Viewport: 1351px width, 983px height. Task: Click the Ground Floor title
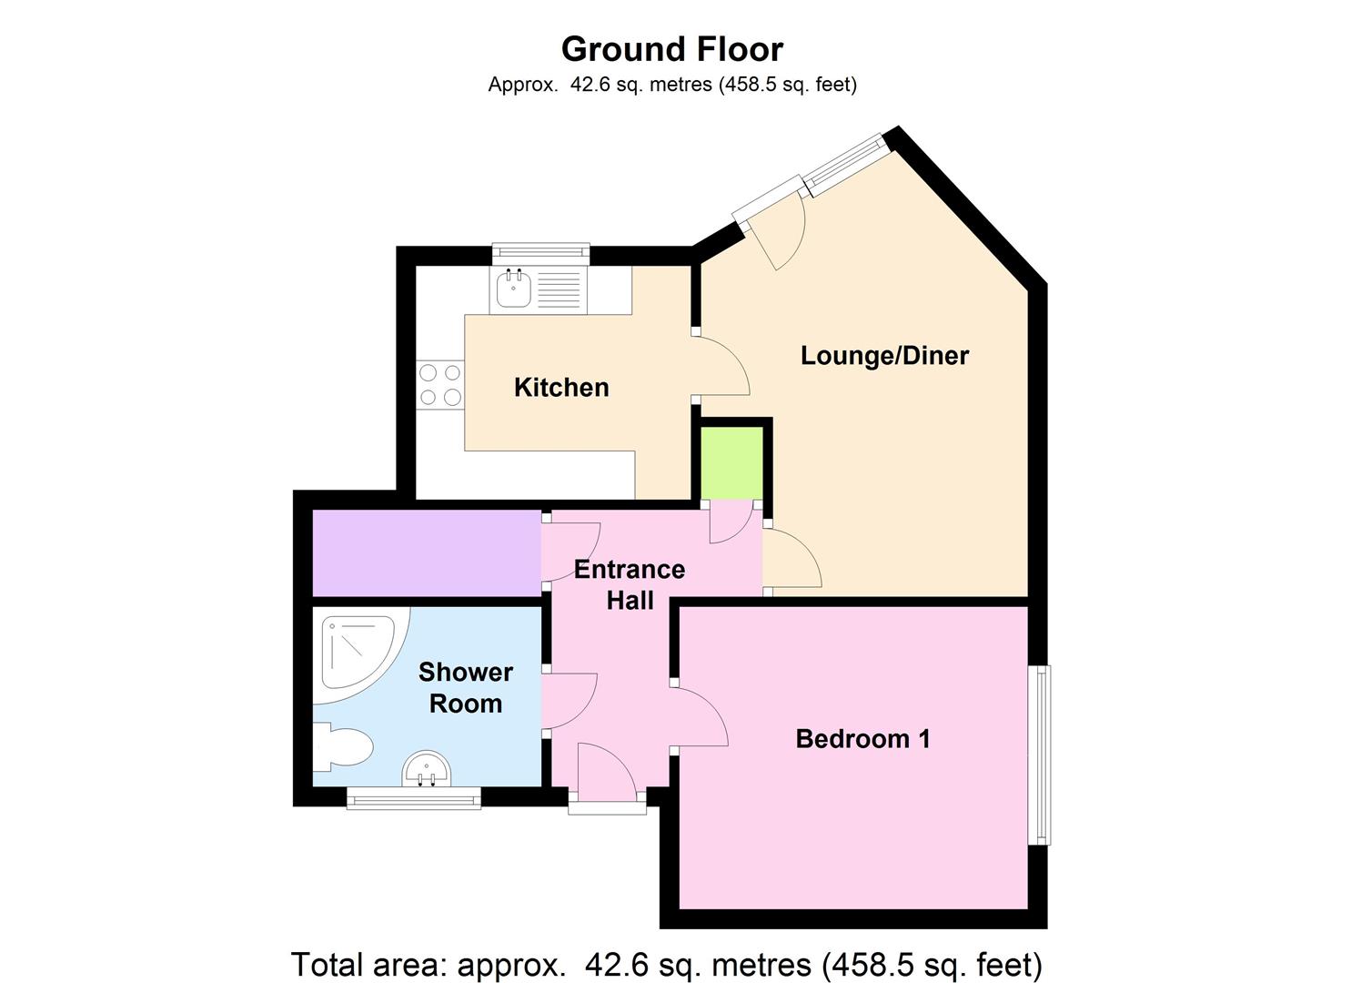pyautogui.click(x=672, y=49)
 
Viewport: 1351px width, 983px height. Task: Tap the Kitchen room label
pyautogui.click(x=561, y=388)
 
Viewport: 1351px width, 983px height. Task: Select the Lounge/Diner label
pyautogui.click(x=884, y=355)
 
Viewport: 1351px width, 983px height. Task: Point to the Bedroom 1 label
pyautogui.click(x=862, y=739)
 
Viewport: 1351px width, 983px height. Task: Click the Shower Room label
pyautogui.click(x=466, y=688)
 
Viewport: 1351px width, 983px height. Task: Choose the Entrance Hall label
pyautogui.click(x=630, y=584)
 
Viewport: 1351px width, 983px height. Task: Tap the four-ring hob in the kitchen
pyautogui.click(x=440, y=384)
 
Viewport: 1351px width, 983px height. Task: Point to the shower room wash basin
pyautogui.click(x=427, y=769)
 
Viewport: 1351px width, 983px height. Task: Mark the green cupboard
pyautogui.click(x=732, y=463)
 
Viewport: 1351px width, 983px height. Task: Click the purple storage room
pyautogui.click(x=427, y=553)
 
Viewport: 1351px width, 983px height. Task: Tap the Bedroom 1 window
pyautogui.click(x=1040, y=755)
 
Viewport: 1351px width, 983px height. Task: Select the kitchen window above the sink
pyautogui.click(x=541, y=253)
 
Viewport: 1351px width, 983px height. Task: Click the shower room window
pyautogui.click(x=414, y=797)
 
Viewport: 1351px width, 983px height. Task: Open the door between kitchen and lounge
pyautogui.click(x=721, y=366)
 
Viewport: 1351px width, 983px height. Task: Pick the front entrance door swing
pyautogui.click(x=607, y=772)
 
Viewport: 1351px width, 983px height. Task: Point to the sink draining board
pyautogui.click(x=560, y=289)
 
